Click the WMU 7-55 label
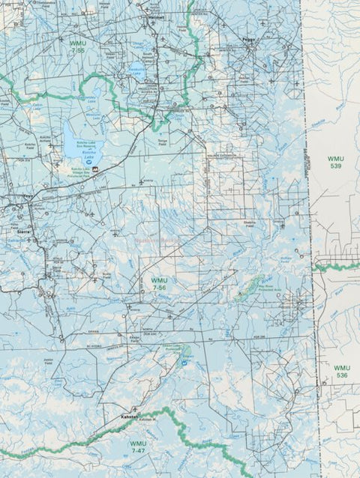pos(76,46)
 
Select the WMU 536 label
pos(342,371)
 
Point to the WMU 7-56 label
pos(159,283)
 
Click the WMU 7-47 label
pos(138,447)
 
